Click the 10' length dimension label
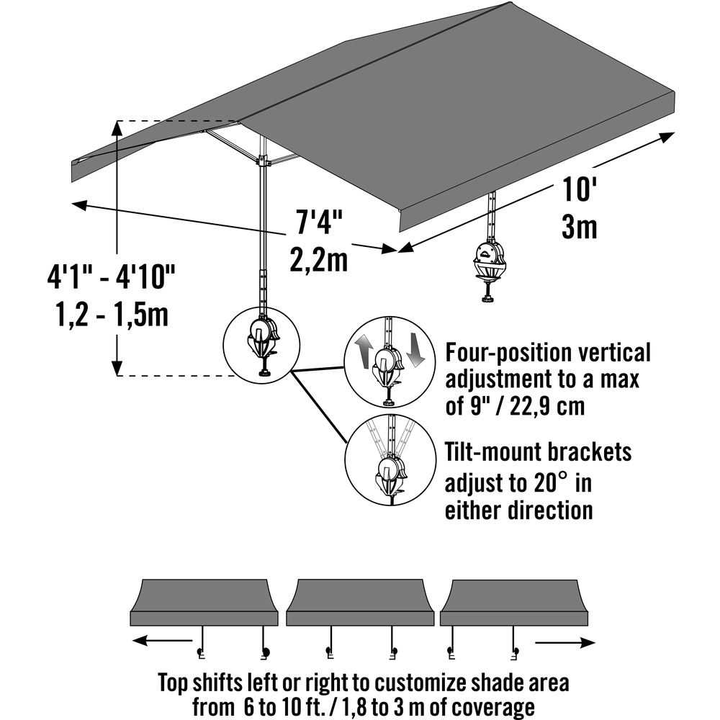(x=579, y=189)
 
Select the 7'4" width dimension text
(x=319, y=222)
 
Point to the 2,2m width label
(x=318, y=259)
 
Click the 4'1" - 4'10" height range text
(x=112, y=277)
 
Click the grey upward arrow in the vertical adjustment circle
(x=363, y=351)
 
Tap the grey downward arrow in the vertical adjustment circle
(x=416, y=351)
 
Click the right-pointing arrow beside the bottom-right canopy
(x=565, y=642)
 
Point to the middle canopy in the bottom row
(x=360, y=602)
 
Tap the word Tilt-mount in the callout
(x=492, y=452)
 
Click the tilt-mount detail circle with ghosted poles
(x=390, y=460)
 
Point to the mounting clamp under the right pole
(x=489, y=270)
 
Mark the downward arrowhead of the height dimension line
(x=117, y=368)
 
